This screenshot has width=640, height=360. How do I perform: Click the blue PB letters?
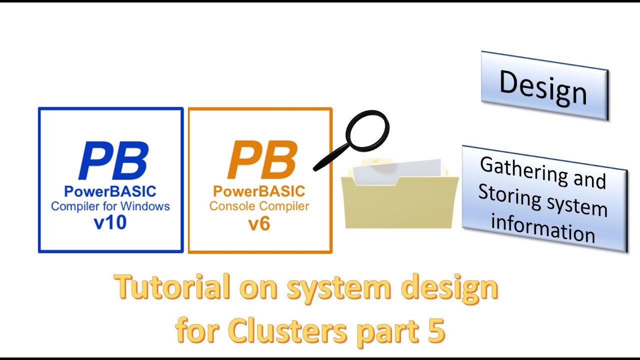pyautogui.click(x=113, y=160)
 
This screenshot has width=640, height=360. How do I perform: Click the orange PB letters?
pyautogui.click(x=261, y=160)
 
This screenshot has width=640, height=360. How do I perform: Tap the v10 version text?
pyautogui.click(x=110, y=222)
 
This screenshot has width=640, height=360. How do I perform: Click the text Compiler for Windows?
pyautogui.click(x=110, y=206)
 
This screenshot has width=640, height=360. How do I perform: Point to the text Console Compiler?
pyautogui.click(x=259, y=206)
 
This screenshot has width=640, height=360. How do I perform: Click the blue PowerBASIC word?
pyautogui.click(x=110, y=191)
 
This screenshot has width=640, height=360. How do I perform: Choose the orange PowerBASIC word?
pyautogui.click(x=259, y=191)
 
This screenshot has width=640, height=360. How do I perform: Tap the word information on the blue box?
pyautogui.click(x=543, y=228)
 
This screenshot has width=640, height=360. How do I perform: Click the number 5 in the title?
pyautogui.click(x=436, y=330)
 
